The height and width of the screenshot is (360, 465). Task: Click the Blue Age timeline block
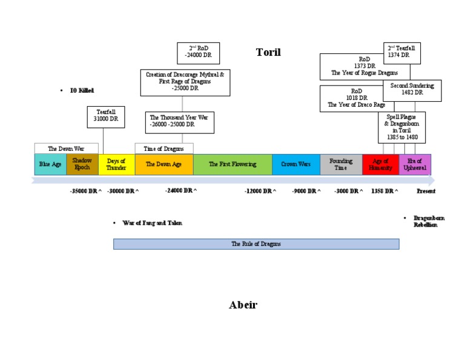[50, 164]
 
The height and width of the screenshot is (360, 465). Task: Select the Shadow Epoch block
[82, 164]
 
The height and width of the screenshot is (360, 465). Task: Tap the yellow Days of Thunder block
[116, 164]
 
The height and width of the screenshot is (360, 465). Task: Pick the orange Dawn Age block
[164, 164]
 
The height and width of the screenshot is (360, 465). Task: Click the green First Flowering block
[232, 164]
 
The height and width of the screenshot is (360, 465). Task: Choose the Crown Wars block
[296, 164]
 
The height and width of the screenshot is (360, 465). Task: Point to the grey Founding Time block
[341, 164]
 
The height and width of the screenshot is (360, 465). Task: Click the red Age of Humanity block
[381, 164]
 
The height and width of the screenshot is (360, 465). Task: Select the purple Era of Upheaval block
[415, 164]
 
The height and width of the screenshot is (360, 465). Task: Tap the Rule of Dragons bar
[256, 244]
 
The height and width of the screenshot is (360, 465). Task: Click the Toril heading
[268, 52]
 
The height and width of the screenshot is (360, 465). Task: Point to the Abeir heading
[243, 305]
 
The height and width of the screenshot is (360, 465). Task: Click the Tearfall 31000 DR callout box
[106, 117]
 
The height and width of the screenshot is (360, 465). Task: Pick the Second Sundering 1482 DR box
[412, 90]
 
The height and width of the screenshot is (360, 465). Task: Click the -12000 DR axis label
[260, 191]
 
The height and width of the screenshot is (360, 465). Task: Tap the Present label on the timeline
[426, 191]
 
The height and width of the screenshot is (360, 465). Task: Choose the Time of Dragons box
[164, 148]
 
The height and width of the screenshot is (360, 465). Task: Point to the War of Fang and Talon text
[152, 223]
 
